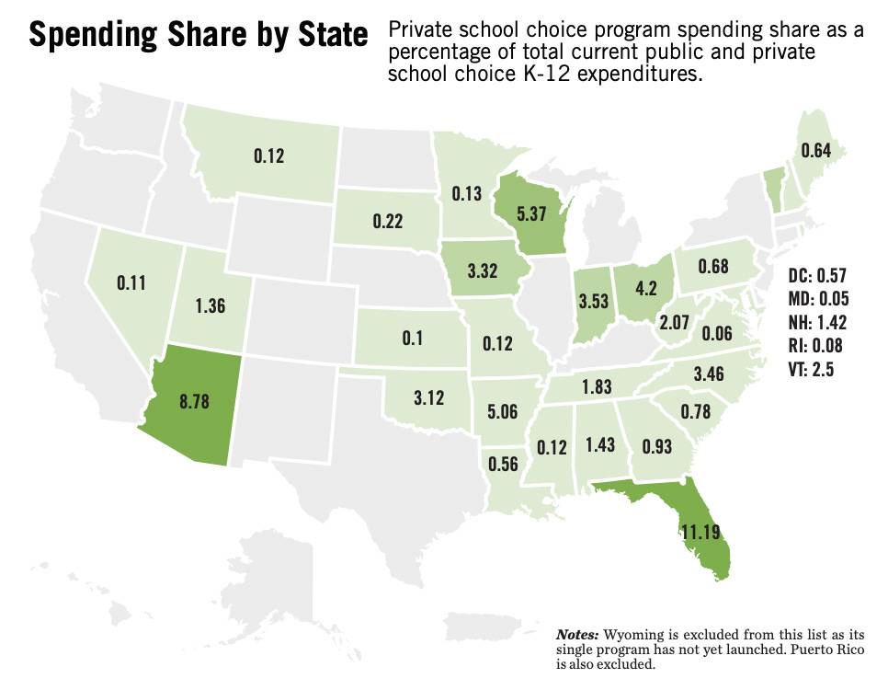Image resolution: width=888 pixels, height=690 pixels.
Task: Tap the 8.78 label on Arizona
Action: [x=195, y=401]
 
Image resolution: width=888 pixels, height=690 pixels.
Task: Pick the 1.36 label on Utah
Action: [x=210, y=306]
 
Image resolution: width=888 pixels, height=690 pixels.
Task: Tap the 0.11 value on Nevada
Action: [x=132, y=283]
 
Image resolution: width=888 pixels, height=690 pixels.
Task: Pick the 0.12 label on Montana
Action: [x=268, y=156]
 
